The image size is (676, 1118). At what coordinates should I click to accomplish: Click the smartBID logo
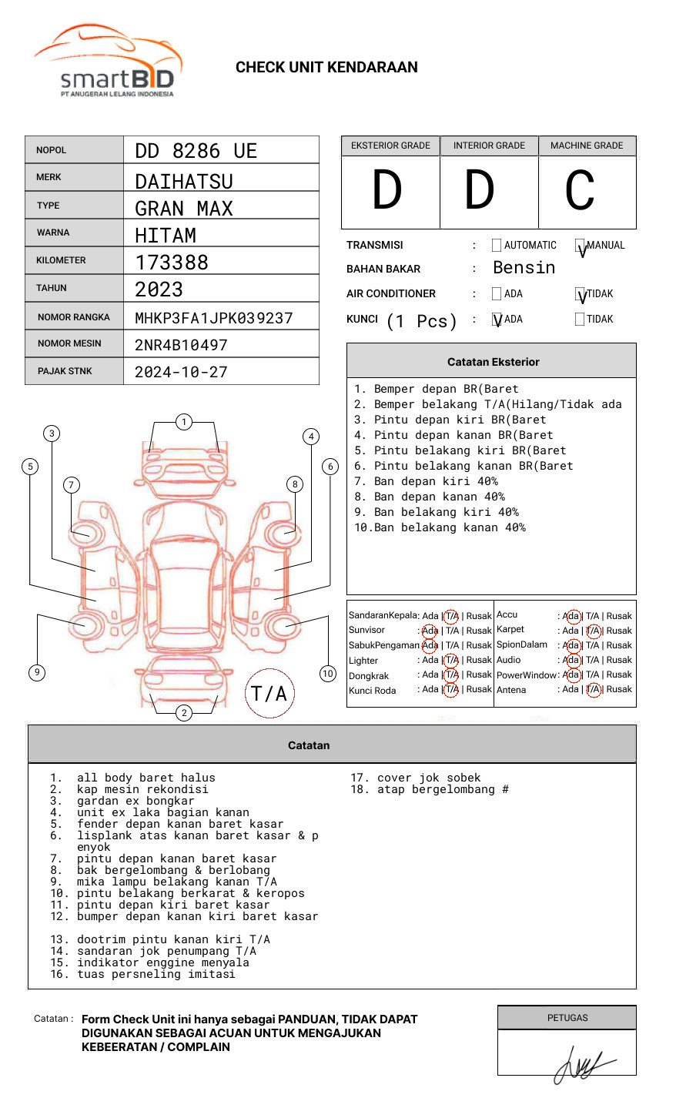[108, 62]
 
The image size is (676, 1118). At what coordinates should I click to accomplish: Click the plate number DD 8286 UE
[196, 151]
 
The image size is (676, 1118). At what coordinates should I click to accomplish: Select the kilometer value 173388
[172, 263]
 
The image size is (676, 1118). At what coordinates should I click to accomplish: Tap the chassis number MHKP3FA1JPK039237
[213, 318]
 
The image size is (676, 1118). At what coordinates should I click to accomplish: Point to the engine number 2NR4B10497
[181, 345]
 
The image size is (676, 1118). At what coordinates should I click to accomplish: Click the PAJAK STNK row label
[64, 371]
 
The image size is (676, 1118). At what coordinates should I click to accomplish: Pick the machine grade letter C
[580, 191]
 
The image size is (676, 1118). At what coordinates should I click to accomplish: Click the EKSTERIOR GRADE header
[390, 146]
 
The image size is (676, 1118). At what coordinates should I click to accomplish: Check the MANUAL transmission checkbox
[581, 246]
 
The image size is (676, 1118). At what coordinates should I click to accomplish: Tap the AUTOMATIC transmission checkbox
[497, 246]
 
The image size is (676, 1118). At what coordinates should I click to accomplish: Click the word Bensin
[524, 268]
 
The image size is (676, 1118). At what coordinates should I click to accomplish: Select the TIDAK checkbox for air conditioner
[581, 294]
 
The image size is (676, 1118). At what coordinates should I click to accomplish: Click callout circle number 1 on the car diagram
[183, 422]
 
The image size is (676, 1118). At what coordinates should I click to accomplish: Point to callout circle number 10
[328, 674]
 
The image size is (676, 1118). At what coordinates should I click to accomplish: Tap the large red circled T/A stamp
[269, 693]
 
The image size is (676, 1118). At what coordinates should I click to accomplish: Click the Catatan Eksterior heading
[493, 362]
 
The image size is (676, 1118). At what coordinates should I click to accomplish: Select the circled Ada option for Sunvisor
[430, 631]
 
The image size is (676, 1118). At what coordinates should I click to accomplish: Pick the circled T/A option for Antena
[593, 690]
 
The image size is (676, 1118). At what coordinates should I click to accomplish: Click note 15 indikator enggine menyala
[162, 962]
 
